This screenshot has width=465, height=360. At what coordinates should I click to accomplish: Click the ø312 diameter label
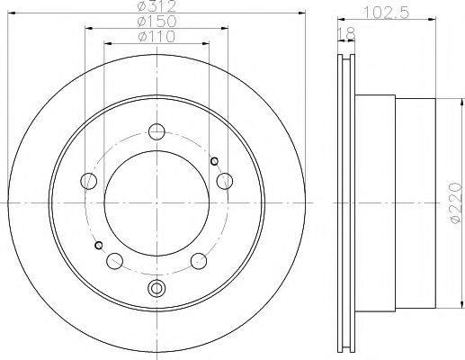pos(156,6)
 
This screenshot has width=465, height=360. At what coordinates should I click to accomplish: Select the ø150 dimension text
pos(156,22)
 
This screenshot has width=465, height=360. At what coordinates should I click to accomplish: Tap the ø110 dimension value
pos(156,37)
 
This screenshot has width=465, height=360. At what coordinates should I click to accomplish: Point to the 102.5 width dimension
pos(386,13)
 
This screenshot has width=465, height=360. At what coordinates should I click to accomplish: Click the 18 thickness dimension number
pos(346,34)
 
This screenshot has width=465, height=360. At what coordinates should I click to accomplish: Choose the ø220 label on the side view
pos(455,202)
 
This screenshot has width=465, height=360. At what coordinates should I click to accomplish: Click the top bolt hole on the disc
pos(156,131)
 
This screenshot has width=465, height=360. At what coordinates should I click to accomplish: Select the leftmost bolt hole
pos(89,181)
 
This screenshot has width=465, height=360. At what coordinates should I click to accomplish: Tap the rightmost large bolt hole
pos(225,181)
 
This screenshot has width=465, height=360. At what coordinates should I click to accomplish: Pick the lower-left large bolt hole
pos(114,261)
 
